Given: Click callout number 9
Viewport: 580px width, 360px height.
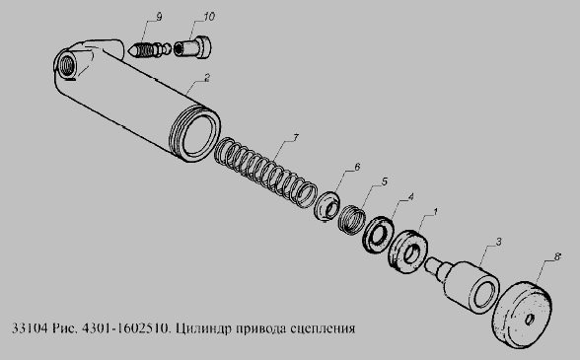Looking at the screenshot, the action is click(159, 17).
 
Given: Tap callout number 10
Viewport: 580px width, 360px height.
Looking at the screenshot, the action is click(209, 17).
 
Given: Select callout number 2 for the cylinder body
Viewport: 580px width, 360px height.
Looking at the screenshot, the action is click(207, 78).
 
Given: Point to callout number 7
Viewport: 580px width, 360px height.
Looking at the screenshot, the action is click(296, 138).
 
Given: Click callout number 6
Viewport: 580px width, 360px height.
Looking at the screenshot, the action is click(357, 167).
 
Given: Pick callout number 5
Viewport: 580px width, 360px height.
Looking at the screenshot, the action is click(385, 181).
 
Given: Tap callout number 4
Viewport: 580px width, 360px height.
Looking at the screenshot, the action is click(410, 196).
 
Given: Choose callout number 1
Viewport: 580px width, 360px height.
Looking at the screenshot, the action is click(435, 212).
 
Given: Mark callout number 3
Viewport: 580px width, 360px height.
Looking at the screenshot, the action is click(499, 242).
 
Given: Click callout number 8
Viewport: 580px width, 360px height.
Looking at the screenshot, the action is click(558, 256).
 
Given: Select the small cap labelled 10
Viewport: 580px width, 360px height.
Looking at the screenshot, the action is click(192, 47).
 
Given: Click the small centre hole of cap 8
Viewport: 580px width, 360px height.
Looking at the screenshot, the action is click(530, 319).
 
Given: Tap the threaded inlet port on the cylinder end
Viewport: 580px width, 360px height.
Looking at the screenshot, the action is click(68, 64).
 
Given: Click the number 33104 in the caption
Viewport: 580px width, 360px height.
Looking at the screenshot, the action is click(30, 328).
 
